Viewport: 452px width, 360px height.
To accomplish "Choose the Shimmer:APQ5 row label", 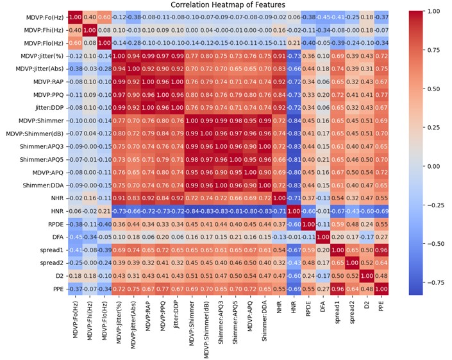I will [x=43, y=159].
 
